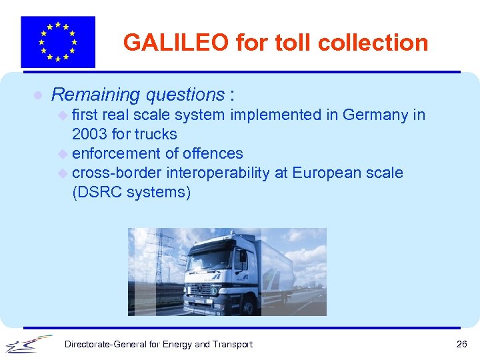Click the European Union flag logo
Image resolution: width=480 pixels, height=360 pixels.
point(58,42)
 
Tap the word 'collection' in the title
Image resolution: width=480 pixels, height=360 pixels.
point(373,43)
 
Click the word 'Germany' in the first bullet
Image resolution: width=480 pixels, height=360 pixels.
point(375,115)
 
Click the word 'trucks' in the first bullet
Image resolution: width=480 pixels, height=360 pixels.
point(155,134)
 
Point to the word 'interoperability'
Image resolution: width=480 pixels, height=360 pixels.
point(223,173)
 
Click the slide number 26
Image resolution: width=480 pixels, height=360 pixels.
point(461,344)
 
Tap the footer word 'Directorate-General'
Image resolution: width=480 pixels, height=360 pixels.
point(105,344)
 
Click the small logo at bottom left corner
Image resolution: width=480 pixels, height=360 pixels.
point(29,343)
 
